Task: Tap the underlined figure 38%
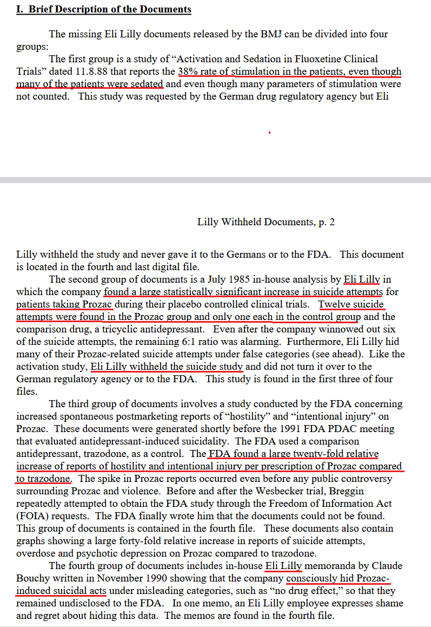click(188, 71)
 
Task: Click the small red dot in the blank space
click(269, 132)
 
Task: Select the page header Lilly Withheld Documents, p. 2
click(266, 222)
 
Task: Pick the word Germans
click(236, 254)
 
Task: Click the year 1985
click(209, 279)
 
